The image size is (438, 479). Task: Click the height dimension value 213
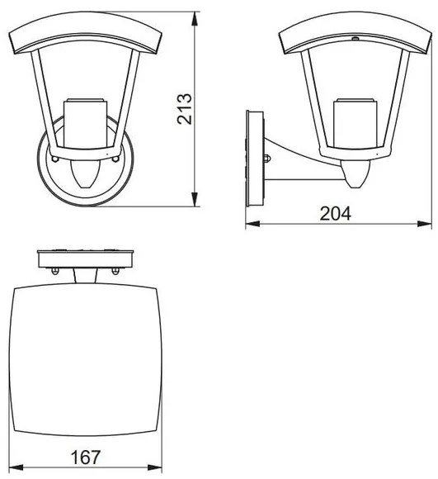186,107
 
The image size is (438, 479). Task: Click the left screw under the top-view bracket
54,268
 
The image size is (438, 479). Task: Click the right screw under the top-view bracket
114,268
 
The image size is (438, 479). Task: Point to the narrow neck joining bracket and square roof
85,276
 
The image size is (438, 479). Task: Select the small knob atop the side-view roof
354,38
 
